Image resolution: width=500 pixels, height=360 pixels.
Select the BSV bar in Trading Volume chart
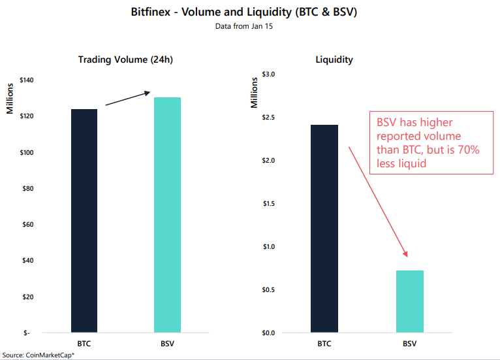pos(167,215)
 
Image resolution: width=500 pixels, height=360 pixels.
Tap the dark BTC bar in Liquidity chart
pos(324,229)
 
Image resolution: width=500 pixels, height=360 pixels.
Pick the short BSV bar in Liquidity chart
pos(409,301)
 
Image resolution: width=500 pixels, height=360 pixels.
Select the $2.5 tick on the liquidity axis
pos(269,118)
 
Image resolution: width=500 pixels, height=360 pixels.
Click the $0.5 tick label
pos(269,290)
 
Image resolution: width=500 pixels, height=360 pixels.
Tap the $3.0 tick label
pos(269,74)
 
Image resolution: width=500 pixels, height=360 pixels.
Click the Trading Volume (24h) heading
pos(125,59)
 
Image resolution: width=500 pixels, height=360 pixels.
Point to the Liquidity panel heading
pos(334,59)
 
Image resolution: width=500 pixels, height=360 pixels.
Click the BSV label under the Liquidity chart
pos(409,344)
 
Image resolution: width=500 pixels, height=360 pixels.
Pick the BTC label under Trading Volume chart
pos(84,344)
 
